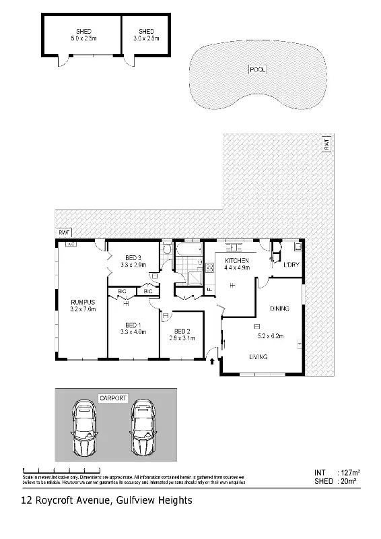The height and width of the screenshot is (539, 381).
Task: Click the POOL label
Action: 257,69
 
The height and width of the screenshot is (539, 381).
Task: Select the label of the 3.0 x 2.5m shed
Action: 146,32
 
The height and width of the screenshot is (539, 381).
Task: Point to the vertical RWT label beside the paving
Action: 326,144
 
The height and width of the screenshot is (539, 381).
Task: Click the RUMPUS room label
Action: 83,302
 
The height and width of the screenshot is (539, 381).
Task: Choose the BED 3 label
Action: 133,258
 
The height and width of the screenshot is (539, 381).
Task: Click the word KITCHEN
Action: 237,261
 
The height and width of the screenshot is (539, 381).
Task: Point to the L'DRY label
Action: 291,264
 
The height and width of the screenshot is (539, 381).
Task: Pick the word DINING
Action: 279,309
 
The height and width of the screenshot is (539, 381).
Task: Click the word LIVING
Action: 259,357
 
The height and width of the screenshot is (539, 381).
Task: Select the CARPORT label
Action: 113,399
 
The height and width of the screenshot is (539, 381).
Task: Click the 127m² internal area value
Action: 348,472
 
